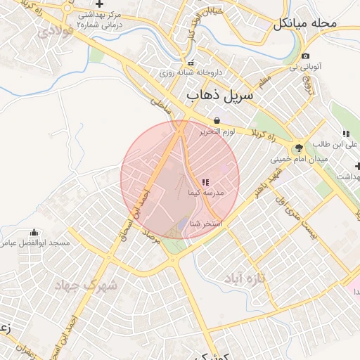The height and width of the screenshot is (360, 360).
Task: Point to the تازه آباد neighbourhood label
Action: pyautogui.click(x=247, y=279)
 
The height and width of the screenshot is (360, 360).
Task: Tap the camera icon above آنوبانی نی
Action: pyautogui.click(x=305, y=56)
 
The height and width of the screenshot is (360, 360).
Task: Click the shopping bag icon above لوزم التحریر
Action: pyautogui.click(x=216, y=120)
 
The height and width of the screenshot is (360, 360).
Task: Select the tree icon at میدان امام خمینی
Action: pyautogui.click(x=299, y=148)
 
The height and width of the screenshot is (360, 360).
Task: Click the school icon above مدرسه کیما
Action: pyautogui.click(x=205, y=181)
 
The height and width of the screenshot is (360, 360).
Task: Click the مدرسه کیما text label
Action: pyautogui.click(x=205, y=192)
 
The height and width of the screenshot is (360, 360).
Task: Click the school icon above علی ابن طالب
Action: pyautogui.click(x=345, y=134)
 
